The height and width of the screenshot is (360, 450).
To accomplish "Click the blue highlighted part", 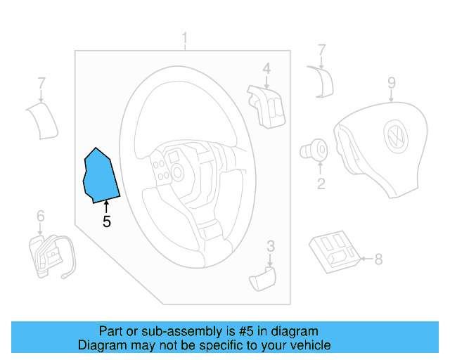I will (x=101, y=176).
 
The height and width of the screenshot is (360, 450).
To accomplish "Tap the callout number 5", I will (x=106, y=222).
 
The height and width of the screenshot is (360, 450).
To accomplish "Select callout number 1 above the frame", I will (x=185, y=37).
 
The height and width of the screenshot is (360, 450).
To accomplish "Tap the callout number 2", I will (x=321, y=184).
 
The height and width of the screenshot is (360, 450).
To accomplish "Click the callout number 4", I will (x=266, y=69).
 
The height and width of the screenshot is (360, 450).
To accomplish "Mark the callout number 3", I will (x=271, y=246).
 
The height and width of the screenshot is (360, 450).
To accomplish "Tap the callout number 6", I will (x=40, y=215).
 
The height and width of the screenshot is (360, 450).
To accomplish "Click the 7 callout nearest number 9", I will (x=321, y=51).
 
